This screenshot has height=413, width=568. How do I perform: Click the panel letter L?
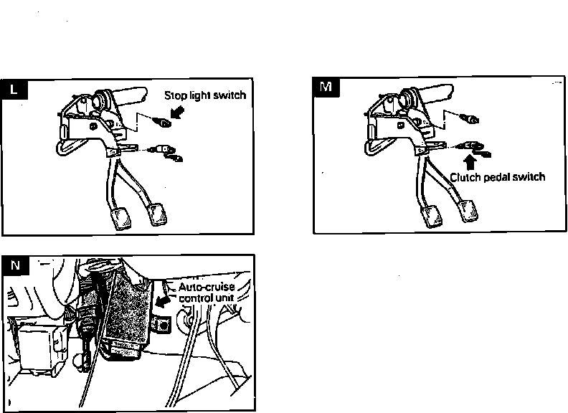[14, 90]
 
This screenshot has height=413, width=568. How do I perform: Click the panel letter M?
[326, 87]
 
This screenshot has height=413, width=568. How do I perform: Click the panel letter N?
[15, 265]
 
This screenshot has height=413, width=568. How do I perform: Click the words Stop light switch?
[205, 95]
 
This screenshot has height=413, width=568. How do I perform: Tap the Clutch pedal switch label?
[498, 177]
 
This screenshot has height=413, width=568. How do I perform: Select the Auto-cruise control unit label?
[207, 293]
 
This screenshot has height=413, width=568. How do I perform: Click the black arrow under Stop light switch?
[177, 113]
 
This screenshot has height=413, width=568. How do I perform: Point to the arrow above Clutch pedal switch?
[470, 163]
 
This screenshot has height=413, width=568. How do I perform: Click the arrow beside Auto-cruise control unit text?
[163, 301]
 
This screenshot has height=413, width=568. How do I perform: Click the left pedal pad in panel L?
[122, 219]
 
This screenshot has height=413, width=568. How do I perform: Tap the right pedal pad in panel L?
[158, 215]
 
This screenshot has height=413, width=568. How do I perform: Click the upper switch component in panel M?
[470, 118]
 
